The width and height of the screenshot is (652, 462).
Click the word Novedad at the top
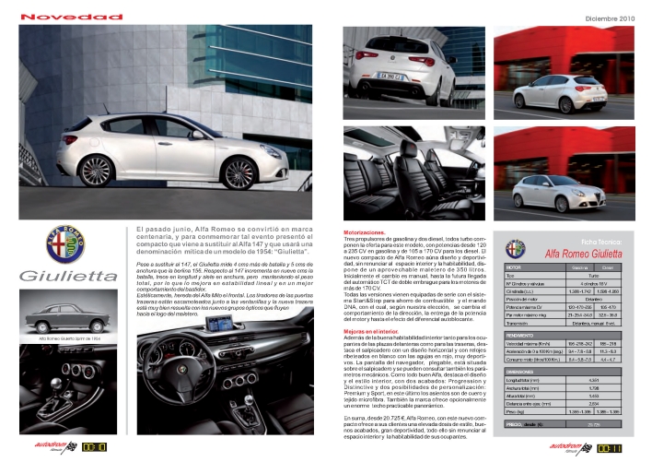[x=59, y=17]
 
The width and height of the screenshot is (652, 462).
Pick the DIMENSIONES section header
[x=522, y=345]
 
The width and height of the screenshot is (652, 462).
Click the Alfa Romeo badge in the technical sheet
[x=518, y=247]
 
